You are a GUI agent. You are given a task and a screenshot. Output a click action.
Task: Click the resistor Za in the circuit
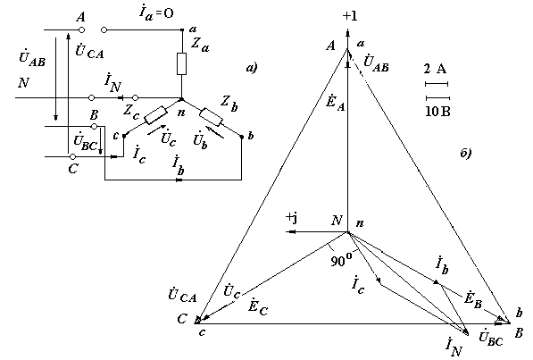(181, 64)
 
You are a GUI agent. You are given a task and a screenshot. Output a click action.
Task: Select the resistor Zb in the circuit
(211, 117)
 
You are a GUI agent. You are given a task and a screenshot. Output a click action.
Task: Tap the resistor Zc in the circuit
(155, 115)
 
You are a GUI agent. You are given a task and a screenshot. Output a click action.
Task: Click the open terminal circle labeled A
(81, 30)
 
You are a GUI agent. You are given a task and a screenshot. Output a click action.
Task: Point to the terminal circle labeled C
(72, 157)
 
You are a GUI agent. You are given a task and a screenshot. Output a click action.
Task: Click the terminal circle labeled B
(95, 127)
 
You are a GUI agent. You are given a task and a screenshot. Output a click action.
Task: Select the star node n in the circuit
(181, 99)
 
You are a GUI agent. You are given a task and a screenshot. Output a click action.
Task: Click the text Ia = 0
(156, 13)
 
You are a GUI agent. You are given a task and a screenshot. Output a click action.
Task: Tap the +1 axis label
(350, 16)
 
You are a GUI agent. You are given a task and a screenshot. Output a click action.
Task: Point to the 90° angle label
(341, 261)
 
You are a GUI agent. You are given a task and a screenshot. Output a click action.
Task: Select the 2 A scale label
(435, 69)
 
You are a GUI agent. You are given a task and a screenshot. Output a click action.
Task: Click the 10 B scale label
(437, 112)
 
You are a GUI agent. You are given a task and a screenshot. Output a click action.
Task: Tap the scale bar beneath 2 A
(437, 84)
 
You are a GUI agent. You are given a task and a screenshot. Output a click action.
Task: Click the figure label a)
(252, 68)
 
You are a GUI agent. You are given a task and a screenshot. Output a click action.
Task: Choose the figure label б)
(466, 153)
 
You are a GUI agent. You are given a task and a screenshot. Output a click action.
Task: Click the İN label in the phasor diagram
(454, 347)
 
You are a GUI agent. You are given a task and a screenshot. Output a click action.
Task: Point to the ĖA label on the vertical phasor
(335, 102)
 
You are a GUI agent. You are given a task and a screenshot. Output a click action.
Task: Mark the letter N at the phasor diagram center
(337, 221)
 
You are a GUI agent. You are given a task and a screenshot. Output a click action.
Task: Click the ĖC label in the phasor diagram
(258, 307)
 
